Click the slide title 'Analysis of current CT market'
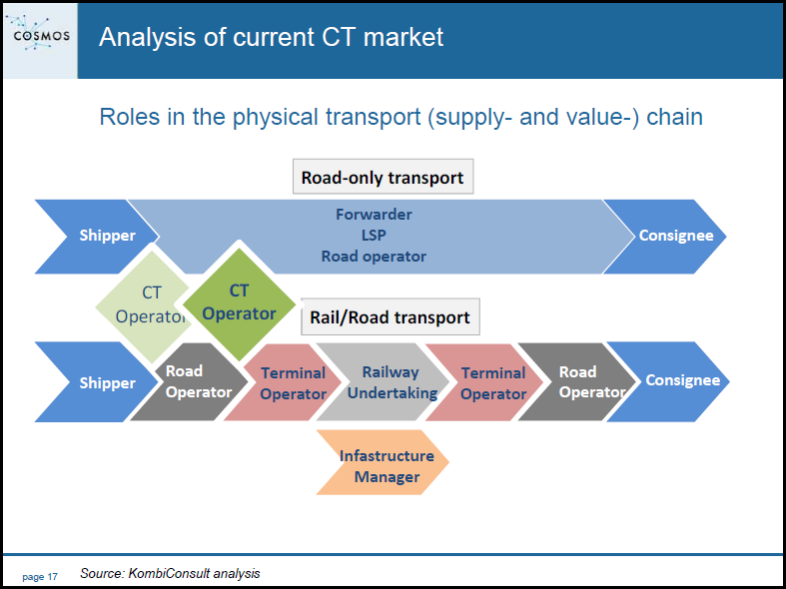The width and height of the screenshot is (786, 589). [272, 37]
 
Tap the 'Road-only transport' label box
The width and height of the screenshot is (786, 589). [383, 177]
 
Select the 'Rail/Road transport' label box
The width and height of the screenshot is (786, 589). [390, 317]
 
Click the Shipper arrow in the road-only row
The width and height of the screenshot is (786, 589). [96, 237]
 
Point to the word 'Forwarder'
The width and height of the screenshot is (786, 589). [374, 215]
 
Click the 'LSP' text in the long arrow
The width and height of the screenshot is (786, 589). [374, 236]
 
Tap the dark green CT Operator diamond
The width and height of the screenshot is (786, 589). [239, 303]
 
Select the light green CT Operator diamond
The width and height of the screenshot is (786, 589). [143, 305]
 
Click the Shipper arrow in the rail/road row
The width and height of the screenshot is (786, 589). [96, 382]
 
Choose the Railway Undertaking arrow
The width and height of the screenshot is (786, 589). [384, 382]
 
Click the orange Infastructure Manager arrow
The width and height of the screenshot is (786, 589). [383, 462]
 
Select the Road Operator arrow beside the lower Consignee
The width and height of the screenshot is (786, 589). [576, 382]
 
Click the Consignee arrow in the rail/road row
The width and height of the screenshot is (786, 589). [669, 381]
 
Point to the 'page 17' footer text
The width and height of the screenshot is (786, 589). [40, 577]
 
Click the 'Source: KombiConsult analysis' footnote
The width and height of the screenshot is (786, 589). [170, 573]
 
